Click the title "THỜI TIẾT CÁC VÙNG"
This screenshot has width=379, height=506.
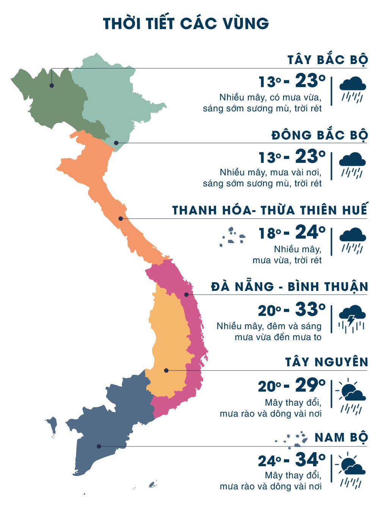[x=186, y=23]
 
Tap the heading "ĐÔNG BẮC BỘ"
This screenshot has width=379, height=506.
[x=319, y=135]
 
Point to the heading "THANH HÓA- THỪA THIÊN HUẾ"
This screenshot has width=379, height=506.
[x=270, y=210]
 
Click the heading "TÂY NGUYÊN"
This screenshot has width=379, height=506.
[x=327, y=362]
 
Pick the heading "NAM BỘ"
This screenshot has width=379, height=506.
[x=341, y=437]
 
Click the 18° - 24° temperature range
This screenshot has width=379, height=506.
[x=292, y=233]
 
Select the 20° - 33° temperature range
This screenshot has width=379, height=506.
[x=292, y=310]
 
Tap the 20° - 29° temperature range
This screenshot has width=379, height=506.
[x=292, y=386]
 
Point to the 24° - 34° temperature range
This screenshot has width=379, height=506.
[x=292, y=461]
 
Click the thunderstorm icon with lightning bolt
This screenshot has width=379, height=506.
[x=352, y=319]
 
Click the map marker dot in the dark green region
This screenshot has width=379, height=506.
[x=52, y=86]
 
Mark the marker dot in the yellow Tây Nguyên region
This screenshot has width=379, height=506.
[x=166, y=370]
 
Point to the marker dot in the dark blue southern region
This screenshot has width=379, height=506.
[x=99, y=446]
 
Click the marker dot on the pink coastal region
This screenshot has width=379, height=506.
[x=186, y=295]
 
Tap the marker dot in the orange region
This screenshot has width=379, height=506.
[x=121, y=219]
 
